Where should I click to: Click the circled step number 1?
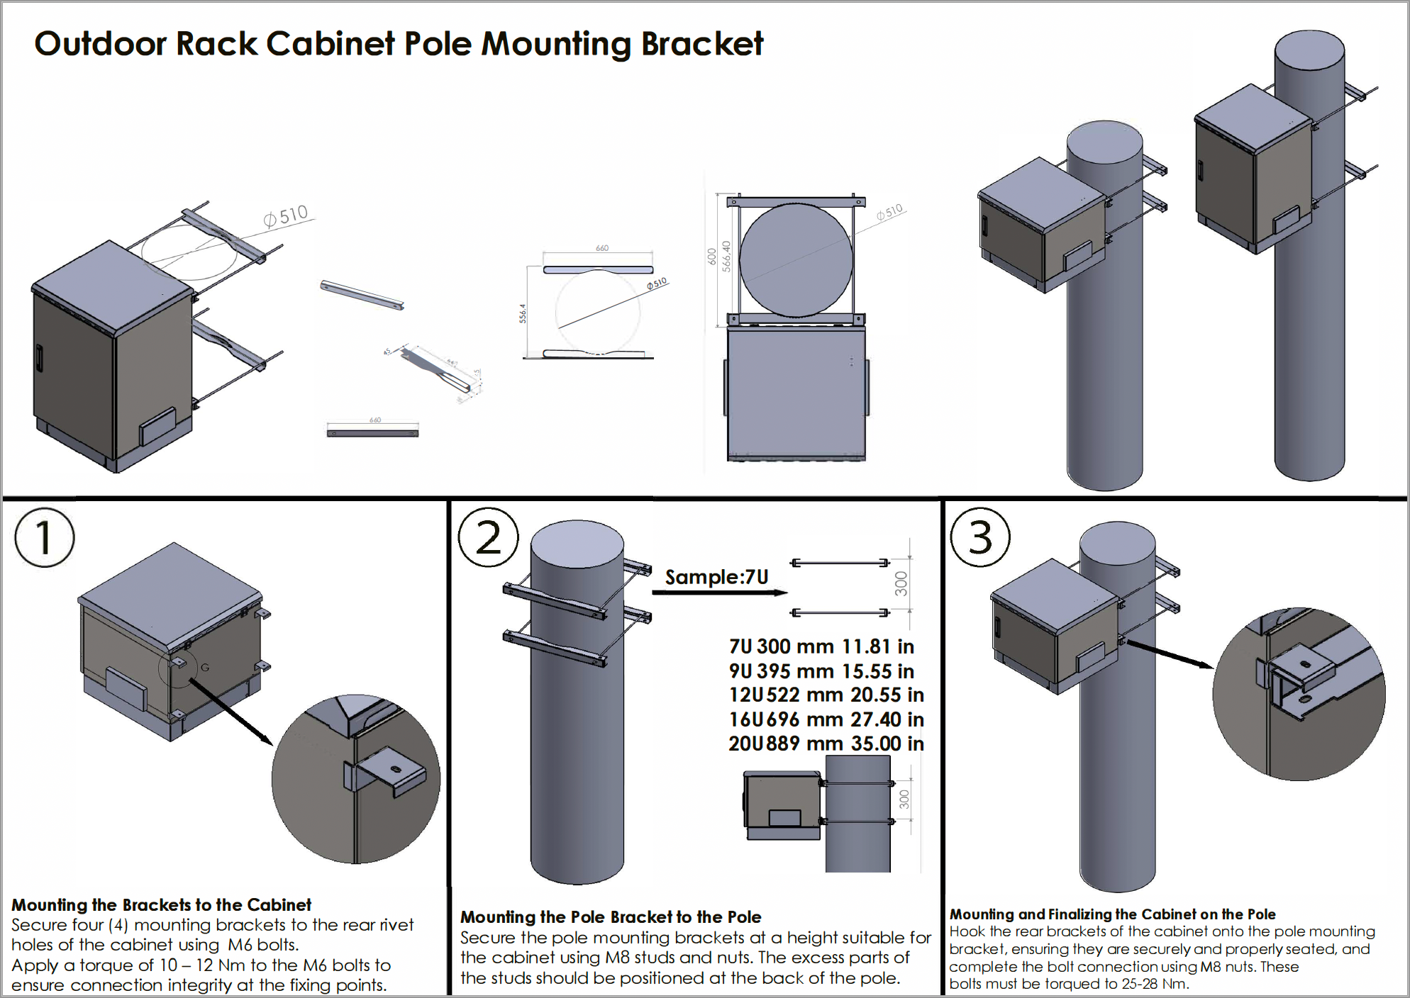click(x=44, y=537)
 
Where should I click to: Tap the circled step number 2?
click(x=488, y=537)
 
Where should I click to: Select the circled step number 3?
click(x=980, y=537)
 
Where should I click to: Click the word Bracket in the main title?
click(x=702, y=44)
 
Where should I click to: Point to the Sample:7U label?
click(x=716, y=577)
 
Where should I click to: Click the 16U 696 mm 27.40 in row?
click(x=826, y=719)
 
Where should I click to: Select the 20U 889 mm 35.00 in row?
click(x=826, y=744)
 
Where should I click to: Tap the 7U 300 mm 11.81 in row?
click(x=821, y=646)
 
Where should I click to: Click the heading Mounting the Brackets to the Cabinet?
click(x=161, y=905)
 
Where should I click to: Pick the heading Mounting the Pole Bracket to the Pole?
click(x=611, y=917)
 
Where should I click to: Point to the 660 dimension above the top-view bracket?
click(x=601, y=248)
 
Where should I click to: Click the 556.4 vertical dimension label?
click(x=523, y=313)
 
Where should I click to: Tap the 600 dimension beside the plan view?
click(x=711, y=257)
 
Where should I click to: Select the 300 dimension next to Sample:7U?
click(x=901, y=583)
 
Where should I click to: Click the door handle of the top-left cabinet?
click(x=39, y=358)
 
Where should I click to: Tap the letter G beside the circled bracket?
click(x=205, y=667)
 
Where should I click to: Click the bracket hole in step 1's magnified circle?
click(x=396, y=770)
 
